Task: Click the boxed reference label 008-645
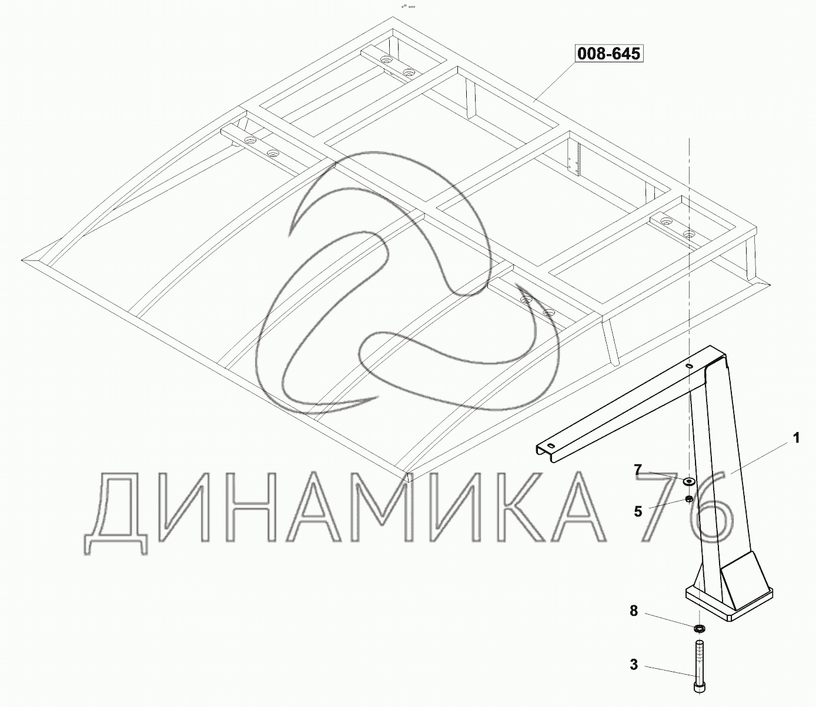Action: (x=608, y=53)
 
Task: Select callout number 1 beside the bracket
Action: (x=796, y=438)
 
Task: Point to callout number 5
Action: (x=638, y=512)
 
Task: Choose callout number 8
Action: (x=634, y=611)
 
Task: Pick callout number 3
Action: (x=634, y=665)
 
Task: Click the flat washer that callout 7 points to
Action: (x=690, y=481)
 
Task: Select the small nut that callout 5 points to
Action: (x=688, y=500)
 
